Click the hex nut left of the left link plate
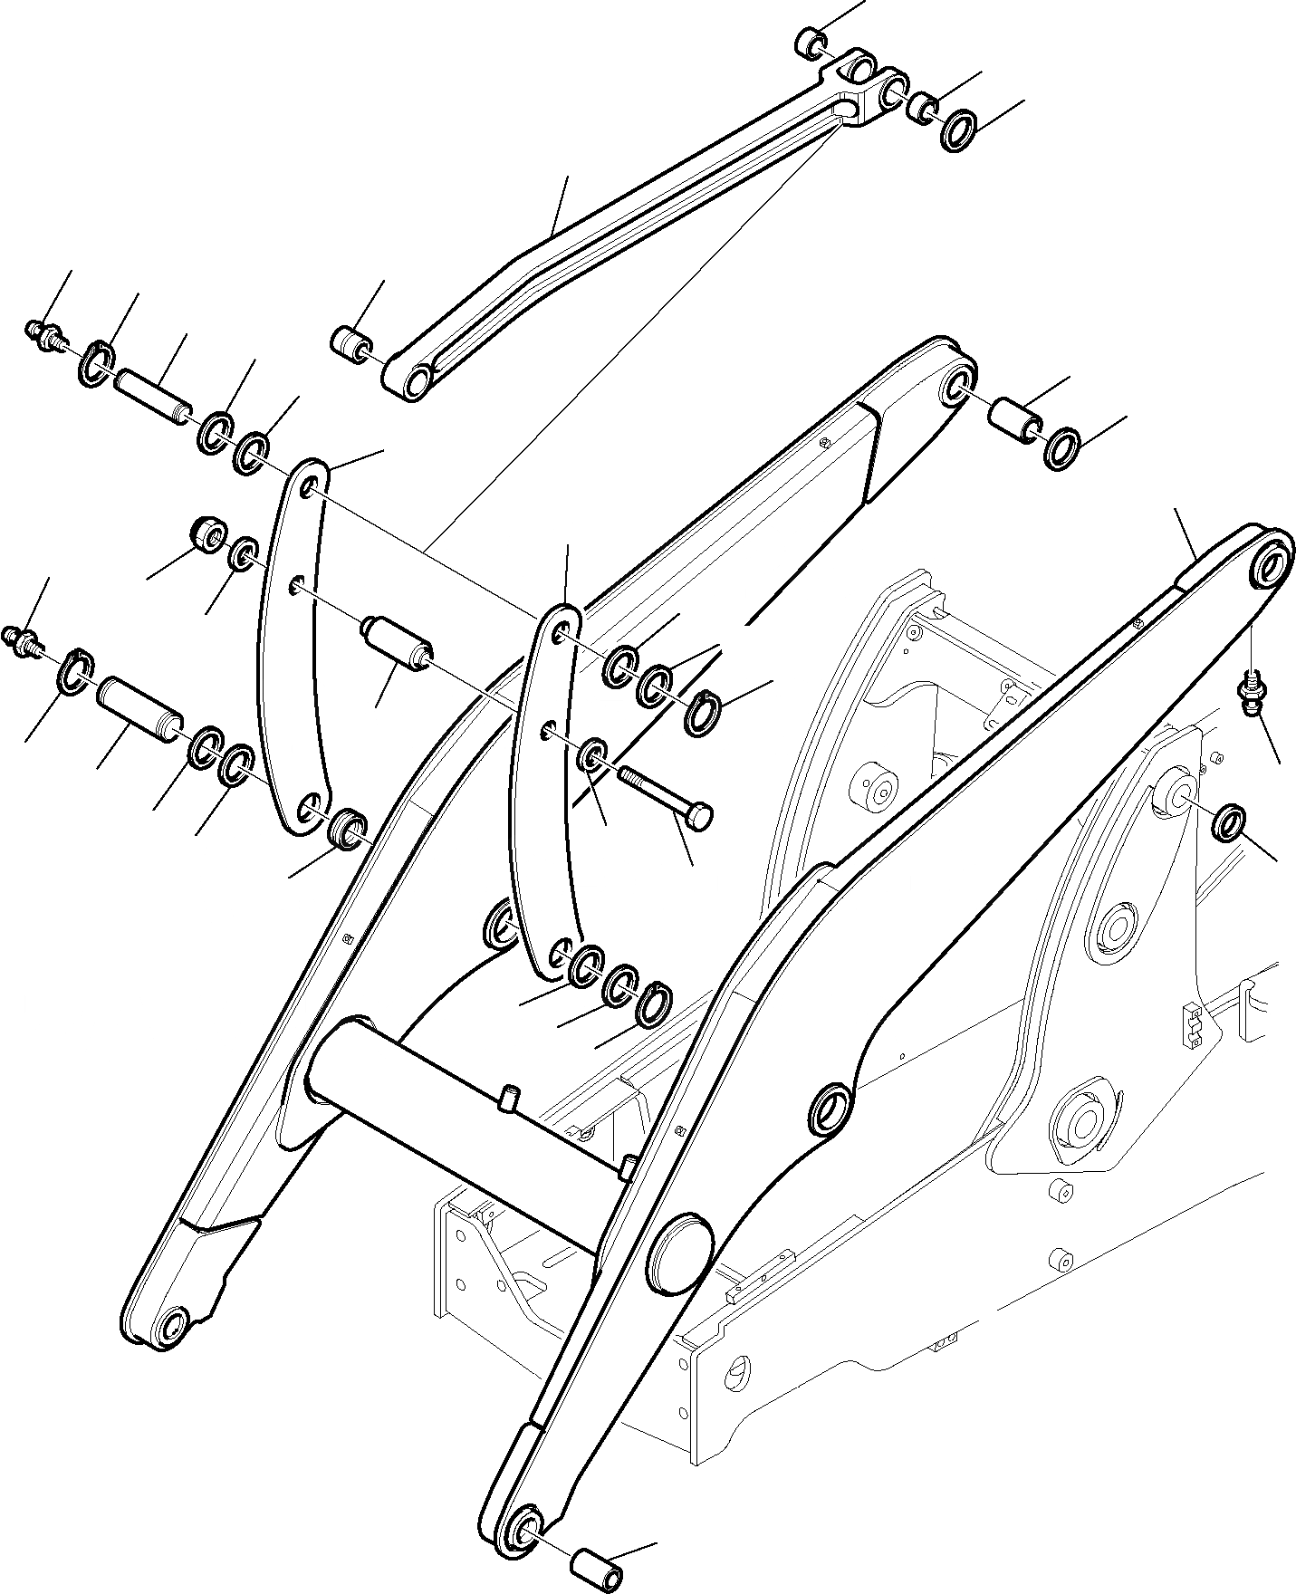coord(208,535)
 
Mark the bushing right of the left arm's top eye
coord(1016,420)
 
